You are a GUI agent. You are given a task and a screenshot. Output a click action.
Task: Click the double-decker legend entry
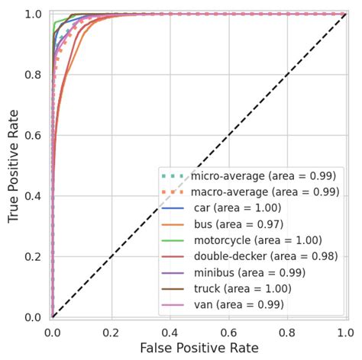coord(255,256)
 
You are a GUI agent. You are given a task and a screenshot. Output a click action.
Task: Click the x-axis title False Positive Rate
coord(199,348)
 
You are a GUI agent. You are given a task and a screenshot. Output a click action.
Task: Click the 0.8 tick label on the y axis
coord(34,75)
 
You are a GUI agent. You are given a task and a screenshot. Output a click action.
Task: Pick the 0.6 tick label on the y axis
coord(34,136)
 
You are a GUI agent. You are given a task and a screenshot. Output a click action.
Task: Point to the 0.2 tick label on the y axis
coord(34,256)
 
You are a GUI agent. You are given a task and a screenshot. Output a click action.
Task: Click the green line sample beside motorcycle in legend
coord(174,239)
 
